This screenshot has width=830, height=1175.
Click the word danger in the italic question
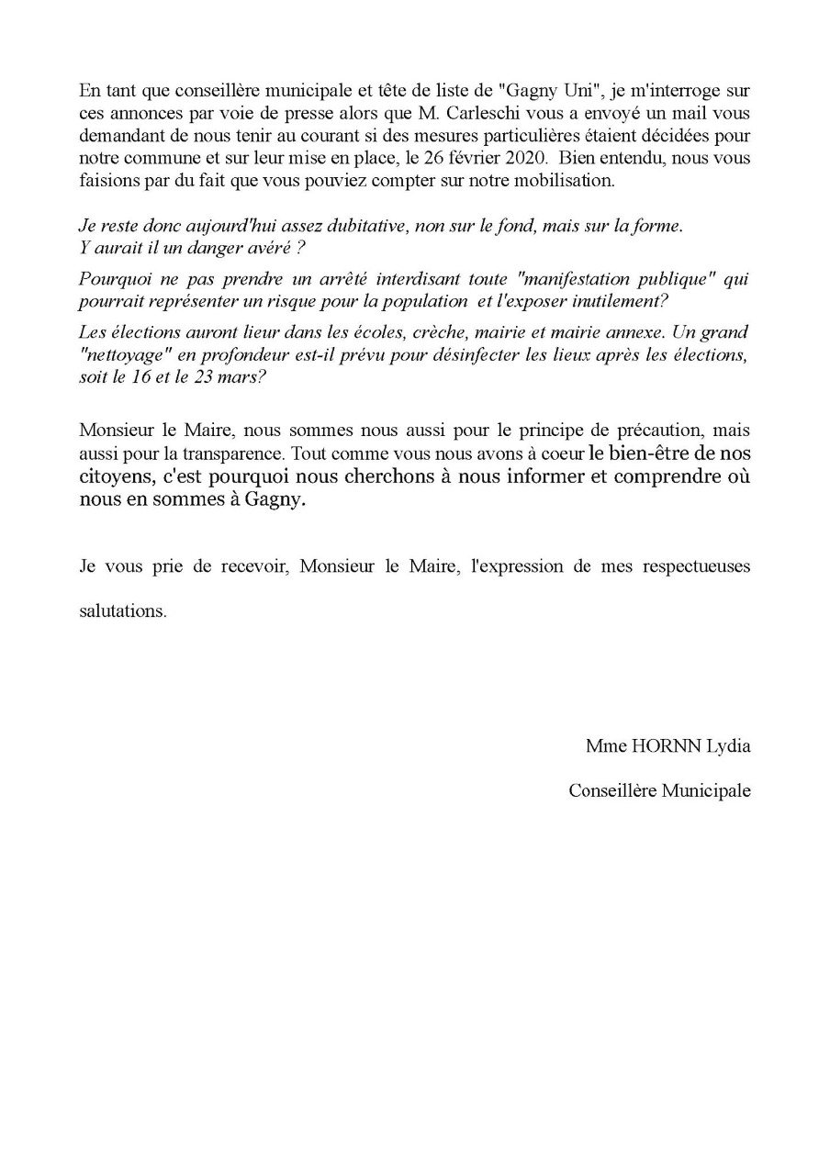pos(199,246)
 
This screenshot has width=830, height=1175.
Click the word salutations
pos(123,611)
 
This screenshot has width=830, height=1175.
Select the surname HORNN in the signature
pos(664,746)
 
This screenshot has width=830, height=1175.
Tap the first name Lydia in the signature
pos(728,746)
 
